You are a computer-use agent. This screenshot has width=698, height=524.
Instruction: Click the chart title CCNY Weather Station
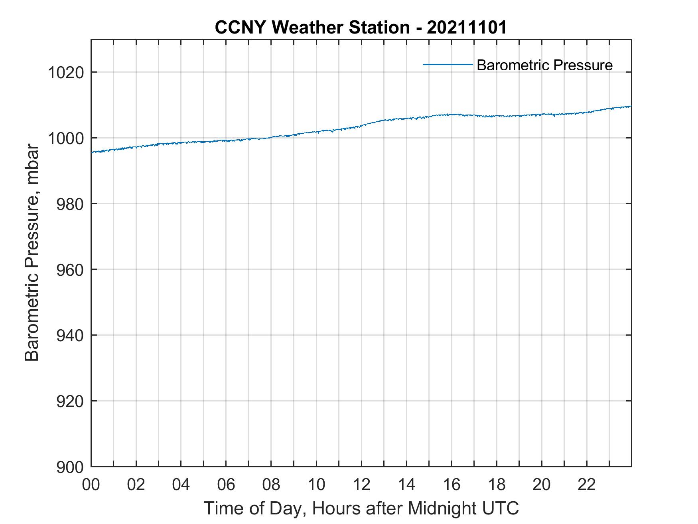[312, 28]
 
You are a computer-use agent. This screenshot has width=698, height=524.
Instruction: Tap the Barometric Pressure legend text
[544, 65]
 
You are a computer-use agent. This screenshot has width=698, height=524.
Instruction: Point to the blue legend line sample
[448, 64]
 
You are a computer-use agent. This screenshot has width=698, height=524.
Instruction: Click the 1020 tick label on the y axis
[66, 73]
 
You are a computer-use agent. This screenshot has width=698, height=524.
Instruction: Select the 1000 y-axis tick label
[66, 138]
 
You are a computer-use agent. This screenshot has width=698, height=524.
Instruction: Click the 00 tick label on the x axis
[91, 484]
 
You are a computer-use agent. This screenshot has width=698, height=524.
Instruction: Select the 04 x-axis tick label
[181, 484]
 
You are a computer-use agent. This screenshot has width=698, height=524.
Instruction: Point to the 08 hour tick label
[271, 484]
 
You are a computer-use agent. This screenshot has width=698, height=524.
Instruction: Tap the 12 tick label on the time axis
[361, 484]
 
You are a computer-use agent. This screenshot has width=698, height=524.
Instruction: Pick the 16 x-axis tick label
[452, 484]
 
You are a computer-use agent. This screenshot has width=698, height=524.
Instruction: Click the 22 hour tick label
[587, 484]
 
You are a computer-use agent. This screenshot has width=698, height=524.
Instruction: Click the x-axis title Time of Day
[361, 508]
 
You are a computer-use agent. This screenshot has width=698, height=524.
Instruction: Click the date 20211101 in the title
[467, 28]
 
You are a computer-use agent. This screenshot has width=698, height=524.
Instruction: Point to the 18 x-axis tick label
[497, 484]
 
